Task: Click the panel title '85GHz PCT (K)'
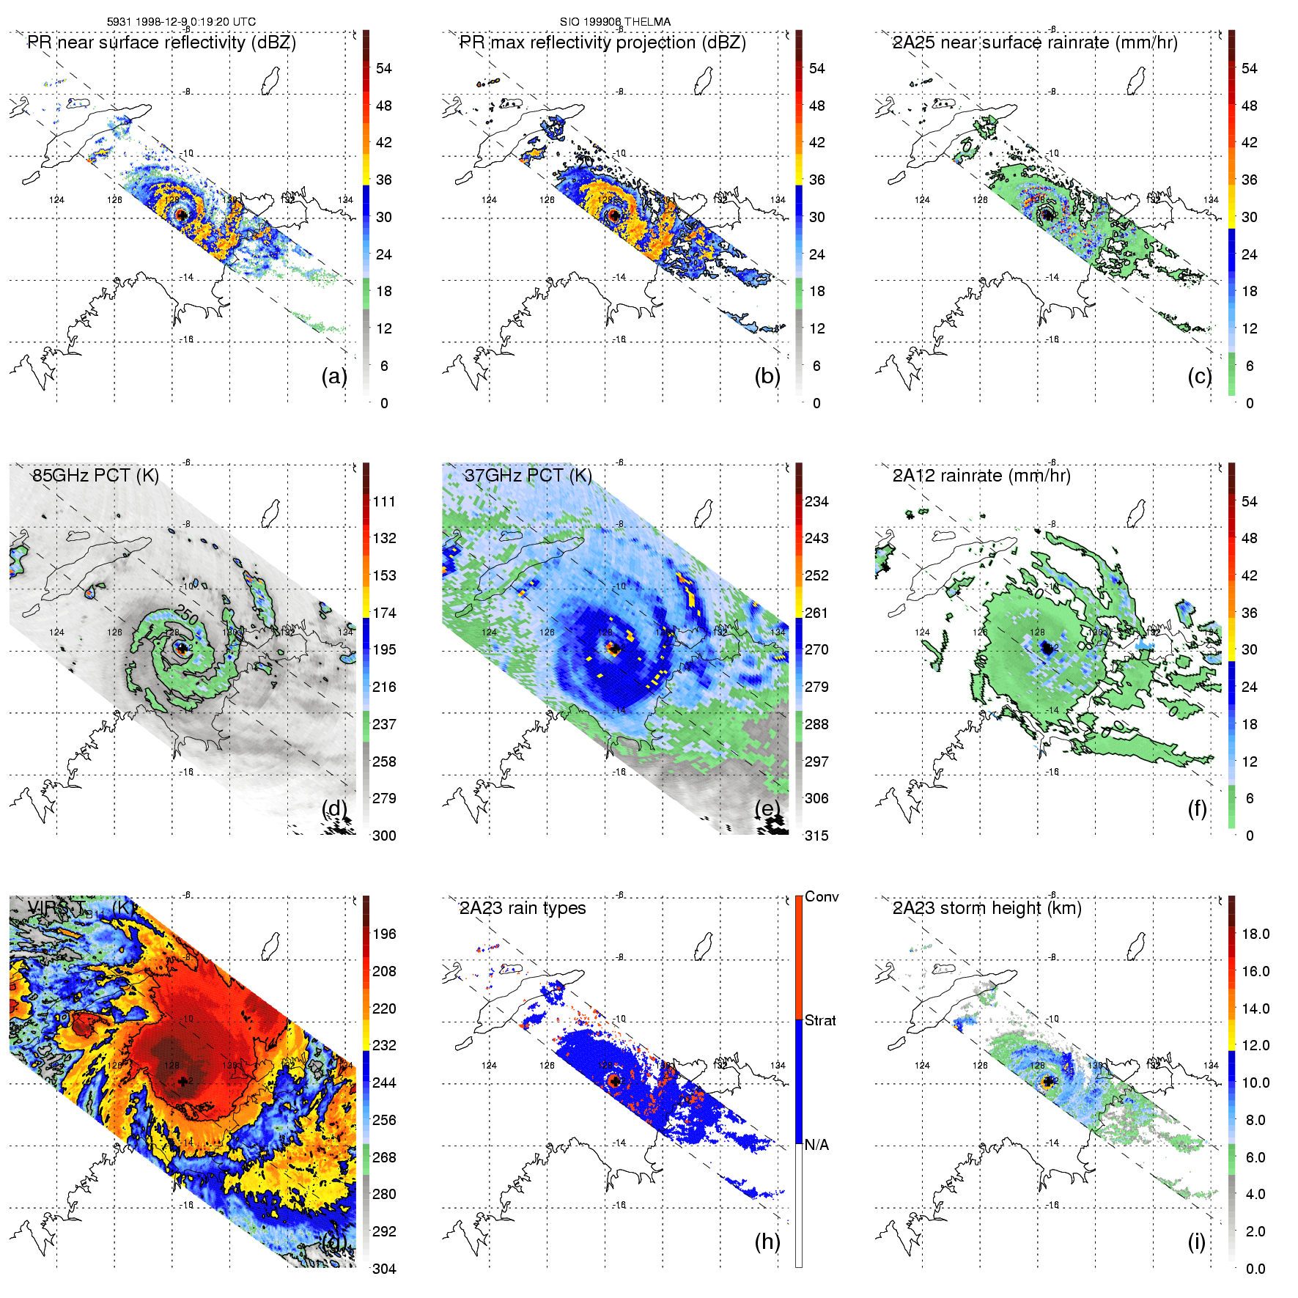pyautogui.click(x=95, y=476)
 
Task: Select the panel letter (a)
pyautogui.click(x=333, y=376)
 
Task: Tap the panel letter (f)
pyautogui.click(x=1196, y=808)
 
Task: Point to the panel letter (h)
pyautogui.click(x=767, y=1241)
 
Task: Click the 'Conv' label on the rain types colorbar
pyautogui.click(x=821, y=896)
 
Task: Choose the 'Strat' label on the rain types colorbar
pyautogui.click(x=820, y=1020)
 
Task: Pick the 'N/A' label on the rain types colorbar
pyautogui.click(x=816, y=1145)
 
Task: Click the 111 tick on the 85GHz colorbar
pyautogui.click(x=384, y=501)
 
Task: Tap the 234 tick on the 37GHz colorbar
pyautogui.click(x=816, y=501)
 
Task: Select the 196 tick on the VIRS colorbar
pyautogui.click(x=384, y=934)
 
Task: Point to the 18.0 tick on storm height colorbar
pyautogui.click(x=1255, y=934)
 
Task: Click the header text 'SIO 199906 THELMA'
pyautogui.click(x=615, y=22)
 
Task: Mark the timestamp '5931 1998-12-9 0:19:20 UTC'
pyautogui.click(x=181, y=22)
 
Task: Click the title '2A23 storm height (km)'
pyautogui.click(x=987, y=908)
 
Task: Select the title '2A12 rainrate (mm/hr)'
pyautogui.click(x=981, y=476)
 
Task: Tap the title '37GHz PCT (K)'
pyautogui.click(x=528, y=476)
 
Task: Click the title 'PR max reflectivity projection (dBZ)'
pyautogui.click(x=602, y=43)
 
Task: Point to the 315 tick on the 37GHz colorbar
pyautogui.click(x=816, y=836)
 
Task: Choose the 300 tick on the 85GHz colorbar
pyautogui.click(x=384, y=836)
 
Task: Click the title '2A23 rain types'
pyautogui.click(x=523, y=908)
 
